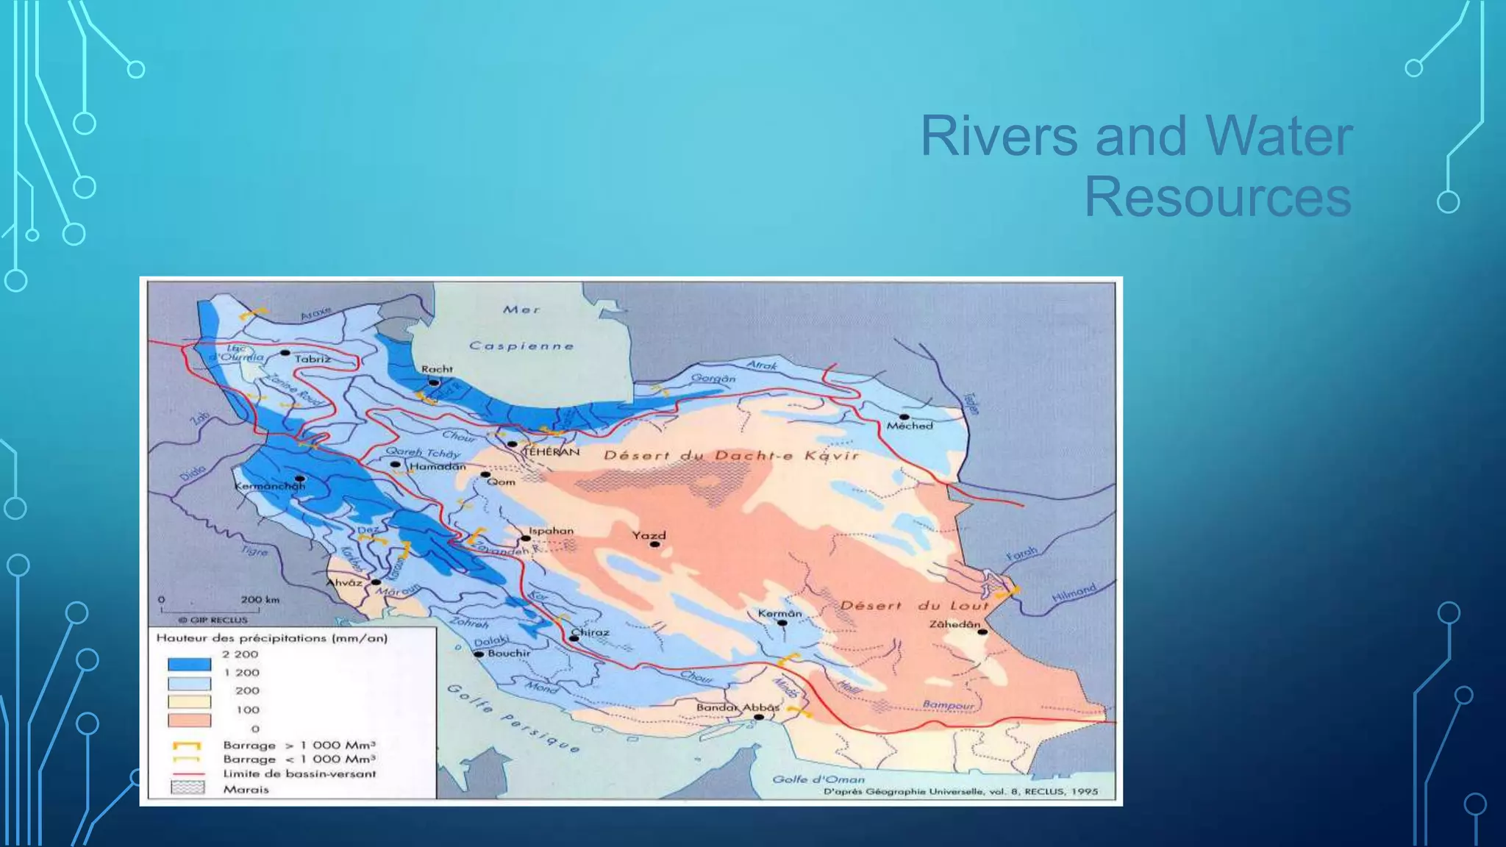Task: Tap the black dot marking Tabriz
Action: point(285,353)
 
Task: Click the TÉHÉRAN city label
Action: point(551,452)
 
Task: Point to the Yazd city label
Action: point(649,535)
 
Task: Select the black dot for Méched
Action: point(904,417)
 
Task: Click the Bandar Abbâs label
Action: point(738,707)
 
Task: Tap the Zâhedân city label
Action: point(954,623)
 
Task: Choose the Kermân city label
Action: point(779,613)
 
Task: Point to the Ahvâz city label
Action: point(344,582)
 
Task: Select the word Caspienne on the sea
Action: point(521,346)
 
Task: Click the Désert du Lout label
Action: point(915,605)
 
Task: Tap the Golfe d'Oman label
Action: point(818,779)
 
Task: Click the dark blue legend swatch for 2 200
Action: point(189,664)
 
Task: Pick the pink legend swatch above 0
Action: point(189,721)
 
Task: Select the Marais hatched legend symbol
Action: point(188,788)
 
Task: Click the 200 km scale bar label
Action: point(260,599)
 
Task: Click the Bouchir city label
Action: point(508,653)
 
